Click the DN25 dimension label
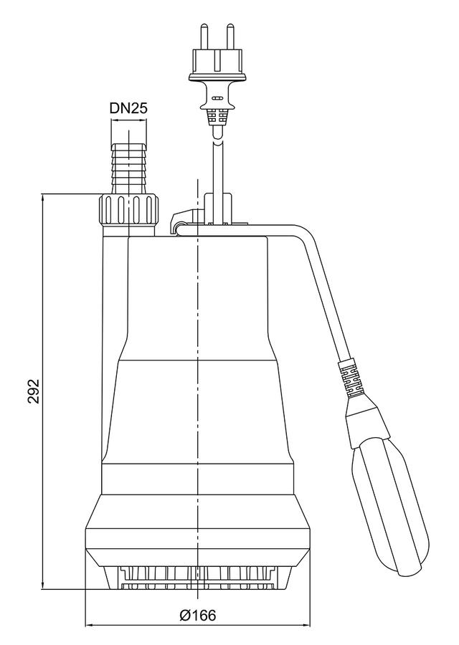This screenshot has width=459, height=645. click(x=128, y=108)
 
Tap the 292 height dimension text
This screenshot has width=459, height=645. click(x=34, y=391)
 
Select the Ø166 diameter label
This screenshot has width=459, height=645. click(x=198, y=616)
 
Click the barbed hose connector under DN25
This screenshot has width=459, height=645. click(x=128, y=168)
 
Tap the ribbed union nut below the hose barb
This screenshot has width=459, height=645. click(x=129, y=210)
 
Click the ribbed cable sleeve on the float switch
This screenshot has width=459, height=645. click(x=350, y=379)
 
